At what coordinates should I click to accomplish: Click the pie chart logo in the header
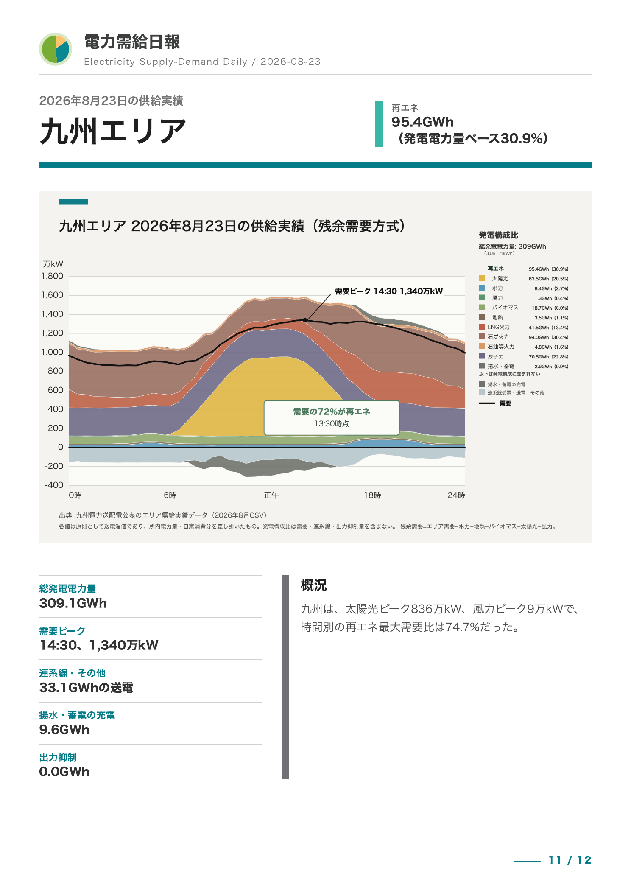click(x=56, y=49)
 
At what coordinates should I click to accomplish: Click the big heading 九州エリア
click(x=113, y=131)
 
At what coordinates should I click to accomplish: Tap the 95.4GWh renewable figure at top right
click(x=422, y=122)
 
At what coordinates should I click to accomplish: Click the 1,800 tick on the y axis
click(x=52, y=276)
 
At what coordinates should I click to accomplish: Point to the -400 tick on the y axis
click(x=54, y=485)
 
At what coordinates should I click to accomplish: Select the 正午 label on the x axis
click(x=271, y=495)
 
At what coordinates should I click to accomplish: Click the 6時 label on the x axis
click(x=170, y=495)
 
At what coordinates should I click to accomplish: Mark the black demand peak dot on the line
click(x=305, y=320)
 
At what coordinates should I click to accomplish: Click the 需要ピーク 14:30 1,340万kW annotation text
click(x=389, y=291)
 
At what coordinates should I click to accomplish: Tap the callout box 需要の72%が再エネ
click(x=332, y=418)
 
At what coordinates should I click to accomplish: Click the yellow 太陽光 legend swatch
click(x=482, y=278)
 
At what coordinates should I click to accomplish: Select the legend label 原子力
click(x=496, y=356)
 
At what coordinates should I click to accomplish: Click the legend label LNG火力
click(x=499, y=327)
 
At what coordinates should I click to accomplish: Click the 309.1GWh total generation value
click(x=73, y=603)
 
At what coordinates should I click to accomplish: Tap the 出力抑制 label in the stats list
click(x=58, y=758)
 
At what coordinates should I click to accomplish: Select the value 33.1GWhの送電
click(x=86, y=688)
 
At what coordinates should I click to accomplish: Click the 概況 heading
click(x=314, y=585)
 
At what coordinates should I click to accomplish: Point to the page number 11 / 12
click(x=570, y=860)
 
